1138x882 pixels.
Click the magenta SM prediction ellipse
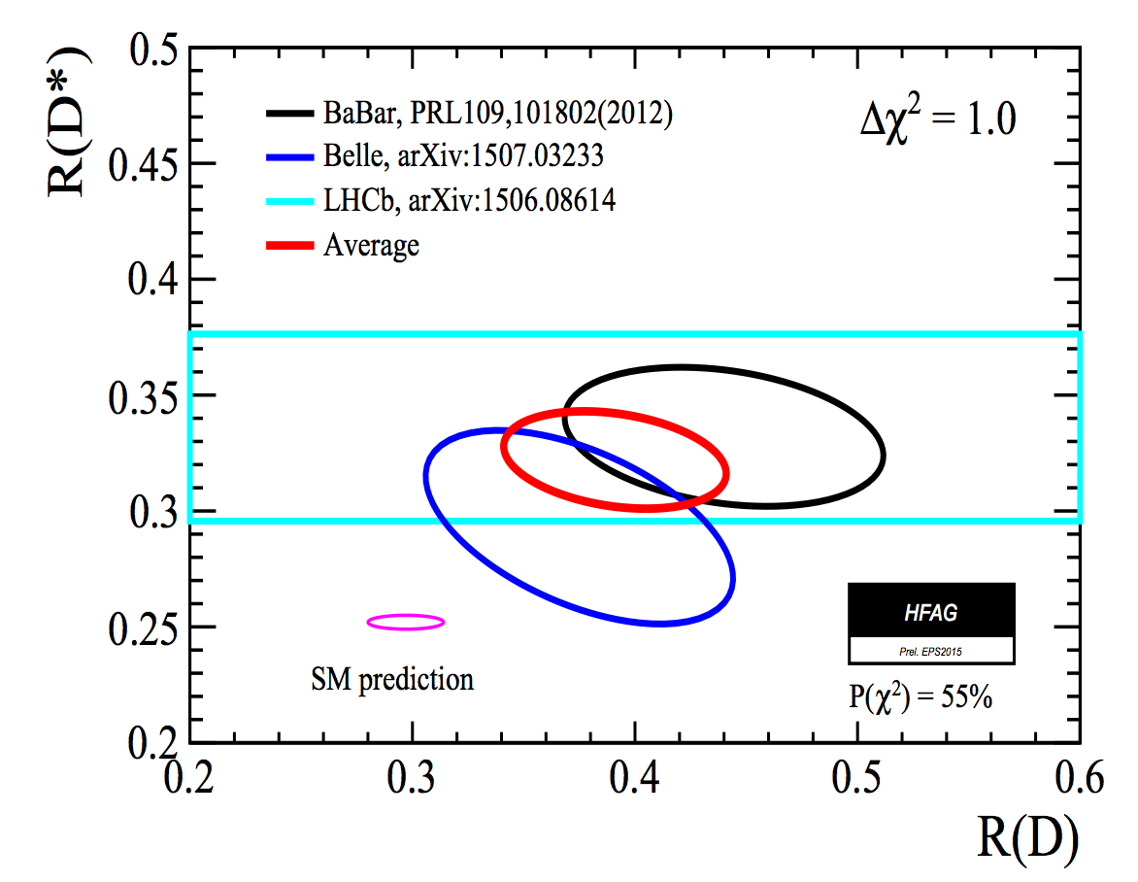pyautogui.click(x=405, y=622)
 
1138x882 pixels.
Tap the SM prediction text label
pyautogui.click(x=392, y=678)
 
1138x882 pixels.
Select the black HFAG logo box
pyautogui.click(x=931, y=611)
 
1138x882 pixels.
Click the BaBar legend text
pyautogui.click(x=498, y=114)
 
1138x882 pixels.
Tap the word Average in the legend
pyautogui.click(x=371, y=245)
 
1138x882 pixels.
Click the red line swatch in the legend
pyautogui.click(x=289, y=245)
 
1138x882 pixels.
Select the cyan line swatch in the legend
pyautogui.click(x=289, y=201)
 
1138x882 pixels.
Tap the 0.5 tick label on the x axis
pyautogui.click(x=856, y=777)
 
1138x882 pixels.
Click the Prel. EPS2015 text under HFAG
pyautogui.click(x=931, y=650)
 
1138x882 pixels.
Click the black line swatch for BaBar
pyautogui.click(x=289, y=114)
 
